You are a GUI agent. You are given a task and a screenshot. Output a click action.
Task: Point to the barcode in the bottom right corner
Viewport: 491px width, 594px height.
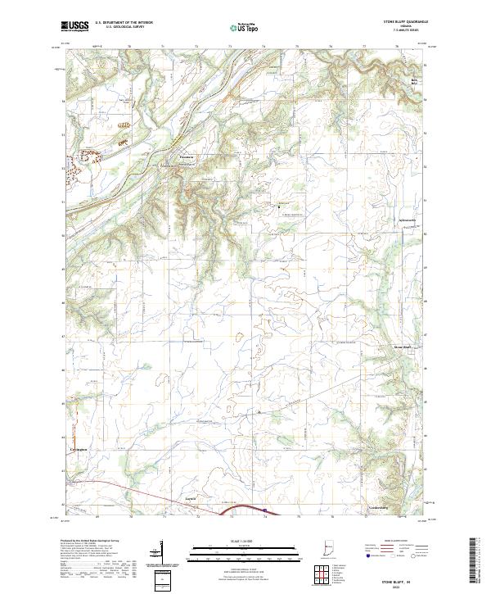pyautogui.click(x=479, y=563)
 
